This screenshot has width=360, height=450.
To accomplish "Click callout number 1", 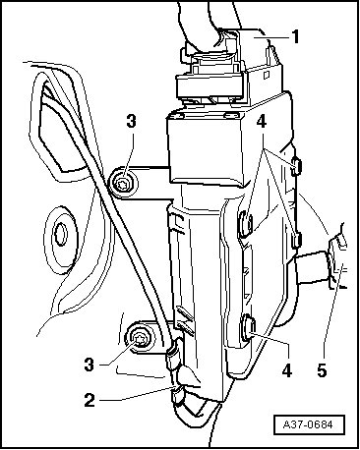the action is pos(295,36).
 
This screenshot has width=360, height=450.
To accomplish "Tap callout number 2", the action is pos(90,400).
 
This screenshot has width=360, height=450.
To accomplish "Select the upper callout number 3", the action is pos(131,122).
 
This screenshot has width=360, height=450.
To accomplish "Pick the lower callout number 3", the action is pos(90,365).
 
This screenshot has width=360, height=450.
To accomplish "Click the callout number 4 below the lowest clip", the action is pos(287,370).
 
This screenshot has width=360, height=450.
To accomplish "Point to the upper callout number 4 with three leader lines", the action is pos(262,122).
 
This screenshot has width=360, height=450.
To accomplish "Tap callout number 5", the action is pos(322,370).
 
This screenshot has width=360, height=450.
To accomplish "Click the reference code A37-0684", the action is pos(309,424).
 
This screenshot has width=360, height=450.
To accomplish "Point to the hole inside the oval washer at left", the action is pos(61,234).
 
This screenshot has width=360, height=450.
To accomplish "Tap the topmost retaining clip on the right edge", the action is pos(296,166).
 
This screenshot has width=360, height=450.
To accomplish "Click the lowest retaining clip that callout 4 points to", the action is pos(249,327).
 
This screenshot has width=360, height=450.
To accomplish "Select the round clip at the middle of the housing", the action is pos(246,224).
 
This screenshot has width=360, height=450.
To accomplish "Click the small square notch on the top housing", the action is pos(267,76).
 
